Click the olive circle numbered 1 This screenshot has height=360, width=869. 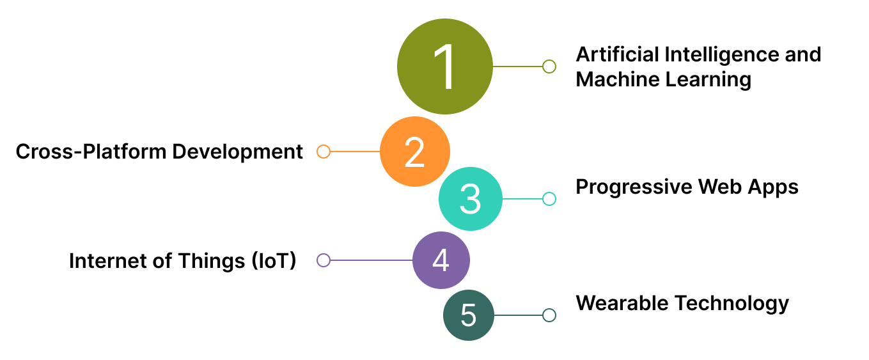[445, 67]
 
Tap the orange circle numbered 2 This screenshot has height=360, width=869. [415, 152]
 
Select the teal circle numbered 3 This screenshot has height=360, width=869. [470, 199]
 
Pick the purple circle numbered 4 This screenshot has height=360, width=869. [441, 260]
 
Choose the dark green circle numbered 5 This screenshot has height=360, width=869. [469, 315]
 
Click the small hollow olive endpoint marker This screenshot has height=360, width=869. [549, 67]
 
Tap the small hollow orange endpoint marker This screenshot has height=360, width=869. [324, 152]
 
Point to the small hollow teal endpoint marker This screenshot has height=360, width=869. [549, 199]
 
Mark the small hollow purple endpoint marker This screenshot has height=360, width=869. [324, 260]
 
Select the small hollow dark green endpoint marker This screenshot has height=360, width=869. [549, 315]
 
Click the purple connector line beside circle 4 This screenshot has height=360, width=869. [371, 260]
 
